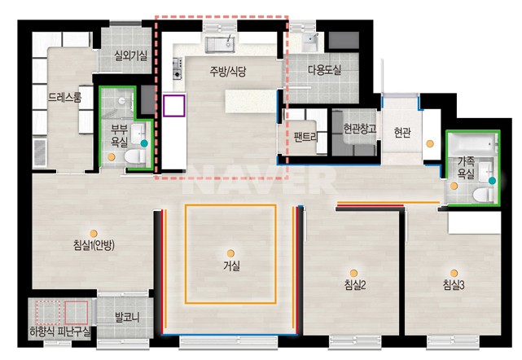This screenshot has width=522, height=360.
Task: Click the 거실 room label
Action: pos(232,266)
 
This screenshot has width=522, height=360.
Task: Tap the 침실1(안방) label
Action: pos(94,245)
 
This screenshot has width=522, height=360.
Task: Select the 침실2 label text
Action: pos(355,285)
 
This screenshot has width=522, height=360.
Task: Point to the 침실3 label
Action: pos(454,285)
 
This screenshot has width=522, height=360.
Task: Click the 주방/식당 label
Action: pos(228,71)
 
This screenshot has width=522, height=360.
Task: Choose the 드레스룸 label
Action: pos(65,97)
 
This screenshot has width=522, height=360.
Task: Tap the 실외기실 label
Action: pos(130,55)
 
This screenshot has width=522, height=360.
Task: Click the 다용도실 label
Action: pos(325,70)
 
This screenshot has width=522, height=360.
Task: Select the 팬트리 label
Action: pos(305,137)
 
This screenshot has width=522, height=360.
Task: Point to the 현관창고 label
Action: pos(360,128)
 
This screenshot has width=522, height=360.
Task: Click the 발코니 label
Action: pos(127,318)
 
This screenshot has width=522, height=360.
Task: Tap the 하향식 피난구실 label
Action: pos(60,331)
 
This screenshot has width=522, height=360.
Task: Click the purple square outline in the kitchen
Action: pos(174,106)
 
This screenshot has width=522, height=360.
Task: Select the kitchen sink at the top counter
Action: pos(220,45)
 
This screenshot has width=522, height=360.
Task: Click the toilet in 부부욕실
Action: pos(135,156)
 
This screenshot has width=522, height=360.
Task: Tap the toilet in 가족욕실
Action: pos(483,195)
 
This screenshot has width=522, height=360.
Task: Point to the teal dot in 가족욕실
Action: pos(492,181)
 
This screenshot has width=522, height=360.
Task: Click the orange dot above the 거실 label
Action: pos(230,254)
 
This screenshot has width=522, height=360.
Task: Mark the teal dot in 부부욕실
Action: pos(144,143)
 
